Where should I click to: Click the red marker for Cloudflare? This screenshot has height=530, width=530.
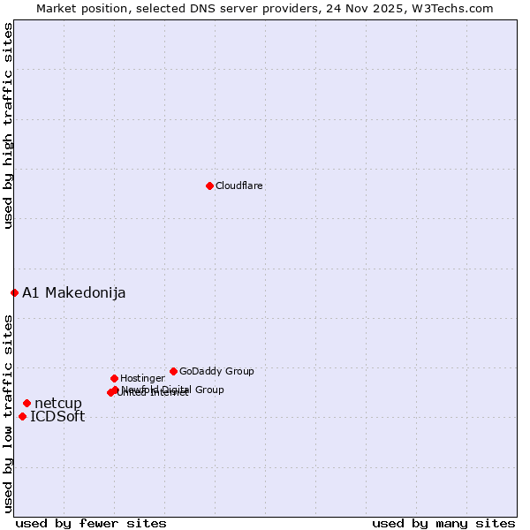click(x=209, y=185)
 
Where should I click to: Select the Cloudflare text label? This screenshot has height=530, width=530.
click(x=239, y=185)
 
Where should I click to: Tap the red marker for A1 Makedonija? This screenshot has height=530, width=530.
click(x=14, y=292)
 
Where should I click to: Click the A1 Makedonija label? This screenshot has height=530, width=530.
click(x=73, y=292)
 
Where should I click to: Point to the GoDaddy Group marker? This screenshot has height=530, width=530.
click(x=173, y=371)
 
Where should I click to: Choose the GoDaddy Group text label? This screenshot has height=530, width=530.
click(x=216, y=371)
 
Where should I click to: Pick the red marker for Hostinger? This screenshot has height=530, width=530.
click(x=114, y=378)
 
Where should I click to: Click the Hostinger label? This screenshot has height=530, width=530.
click(x=142, y=378)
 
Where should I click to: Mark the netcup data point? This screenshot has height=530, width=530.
click(x=26, y=403)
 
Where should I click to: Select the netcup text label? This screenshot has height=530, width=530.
click(x=58, y=404)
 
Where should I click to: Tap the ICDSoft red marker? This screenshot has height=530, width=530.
click(x=22, y=416)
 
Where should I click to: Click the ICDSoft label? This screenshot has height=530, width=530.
click(x=57, y=417)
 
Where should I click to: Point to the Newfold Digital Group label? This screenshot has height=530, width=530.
click(x=173, y=389)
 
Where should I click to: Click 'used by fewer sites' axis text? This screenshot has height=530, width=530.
click(x=91, y=523)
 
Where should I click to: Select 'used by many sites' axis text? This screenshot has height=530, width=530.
click(x=443, y=523)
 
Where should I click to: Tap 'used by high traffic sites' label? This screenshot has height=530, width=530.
click(x=8, y=125)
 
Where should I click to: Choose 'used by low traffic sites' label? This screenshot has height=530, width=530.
click(x=8, y=413)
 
